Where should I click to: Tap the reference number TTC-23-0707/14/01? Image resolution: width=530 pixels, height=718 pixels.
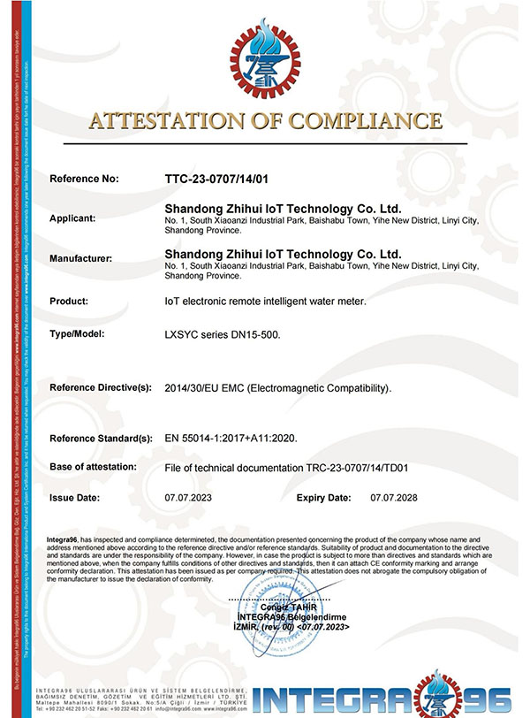pos(216,179)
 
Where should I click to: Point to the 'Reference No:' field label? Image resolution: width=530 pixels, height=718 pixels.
pos(84,179)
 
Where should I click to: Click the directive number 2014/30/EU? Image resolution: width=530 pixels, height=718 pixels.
pos(195,388)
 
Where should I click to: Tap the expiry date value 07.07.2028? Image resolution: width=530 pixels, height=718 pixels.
pos(394,498)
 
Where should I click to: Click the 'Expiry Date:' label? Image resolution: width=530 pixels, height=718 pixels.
pos(324,498)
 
